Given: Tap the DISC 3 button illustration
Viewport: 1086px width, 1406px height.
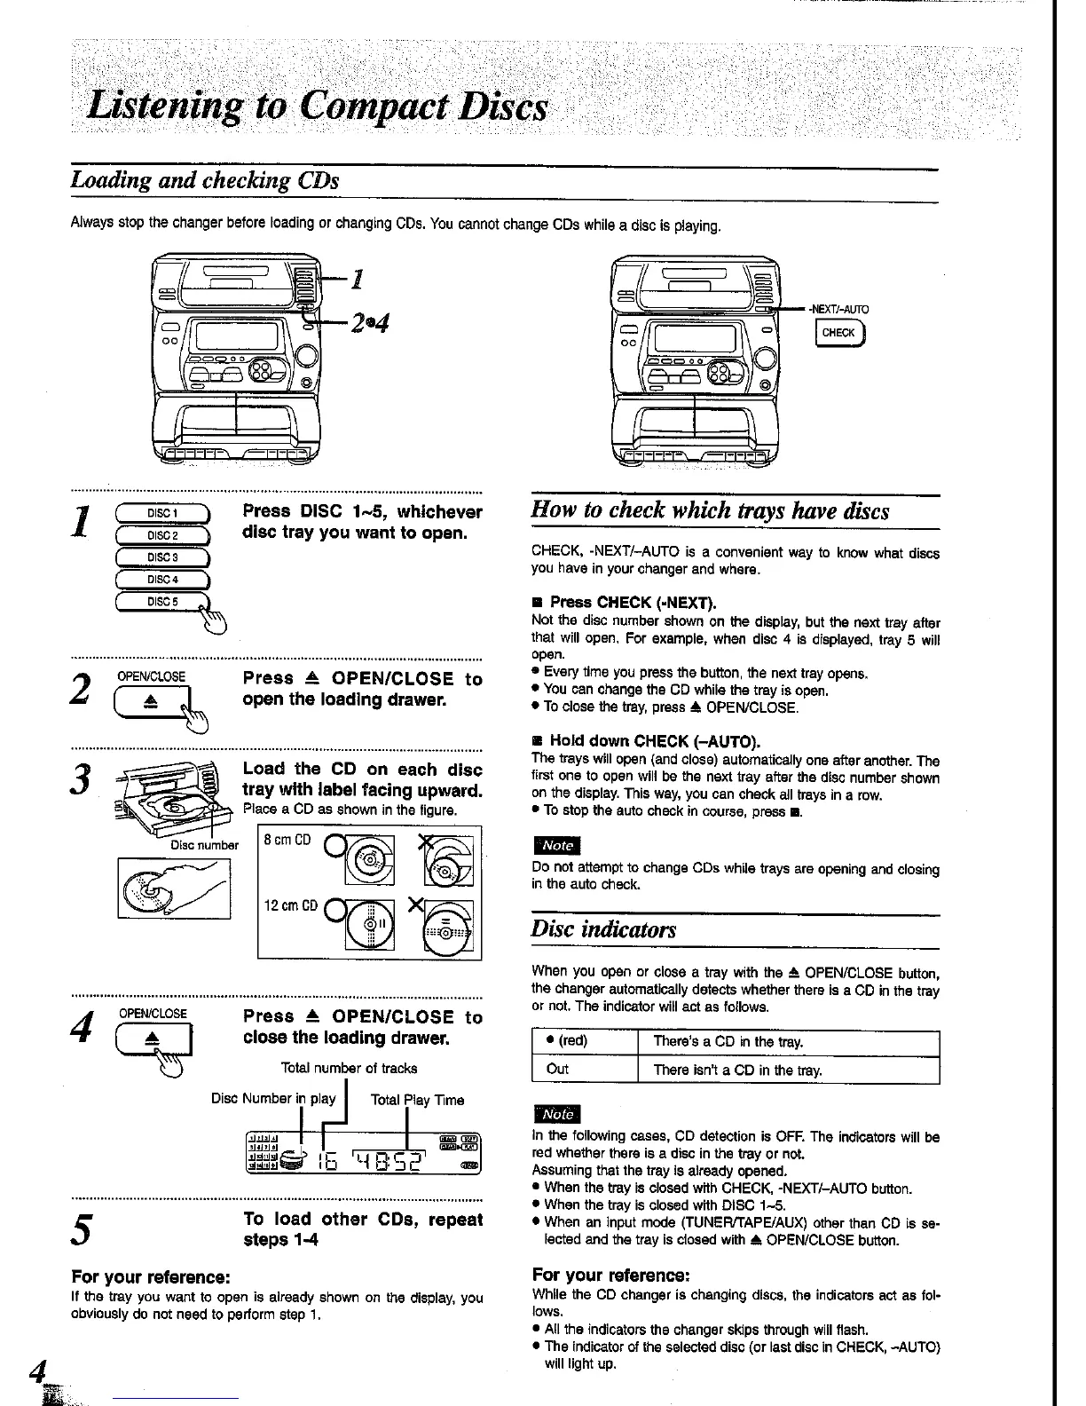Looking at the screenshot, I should [162, 557].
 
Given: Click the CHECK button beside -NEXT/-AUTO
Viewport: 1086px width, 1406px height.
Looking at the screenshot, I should [838, 333].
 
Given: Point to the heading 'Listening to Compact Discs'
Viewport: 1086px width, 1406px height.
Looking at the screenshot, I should [317, 108].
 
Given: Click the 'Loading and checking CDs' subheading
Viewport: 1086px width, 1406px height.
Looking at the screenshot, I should [205, 180].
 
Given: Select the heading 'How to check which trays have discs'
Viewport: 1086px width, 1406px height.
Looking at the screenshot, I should [710, 511].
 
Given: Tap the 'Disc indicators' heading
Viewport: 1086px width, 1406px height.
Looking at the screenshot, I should [603, 929].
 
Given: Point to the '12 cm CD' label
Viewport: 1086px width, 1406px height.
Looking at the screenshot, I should [291, 906].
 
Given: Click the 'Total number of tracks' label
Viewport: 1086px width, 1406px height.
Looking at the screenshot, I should [349, 1068].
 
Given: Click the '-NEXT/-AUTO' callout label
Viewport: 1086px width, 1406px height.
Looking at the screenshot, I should [838, 309].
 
